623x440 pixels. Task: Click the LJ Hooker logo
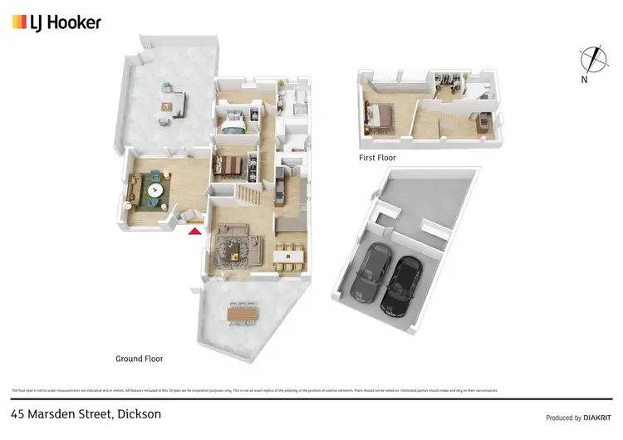click(x=56, y=22)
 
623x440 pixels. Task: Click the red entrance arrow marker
click(x=195, y=231)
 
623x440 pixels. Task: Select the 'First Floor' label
click(x=376, y=157)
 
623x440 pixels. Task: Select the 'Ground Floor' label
click(x=139, y=359)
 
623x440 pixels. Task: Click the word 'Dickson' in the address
click(x=139, y=413)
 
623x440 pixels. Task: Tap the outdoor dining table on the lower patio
click(x=243, y=313)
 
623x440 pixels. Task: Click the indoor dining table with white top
click(x=288, y=256)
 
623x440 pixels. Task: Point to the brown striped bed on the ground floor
click(x=233, y=167)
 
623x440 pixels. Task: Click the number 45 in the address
click(x=18, y=413)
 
